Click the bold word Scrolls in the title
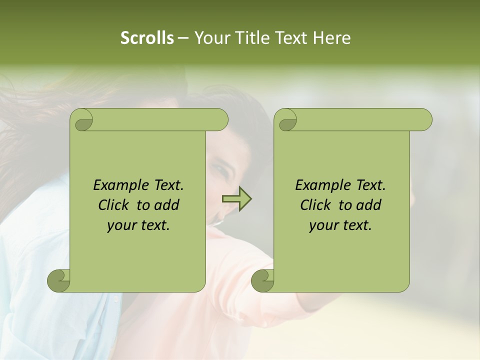pos(147,38)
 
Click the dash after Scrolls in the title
pos(183,38)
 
